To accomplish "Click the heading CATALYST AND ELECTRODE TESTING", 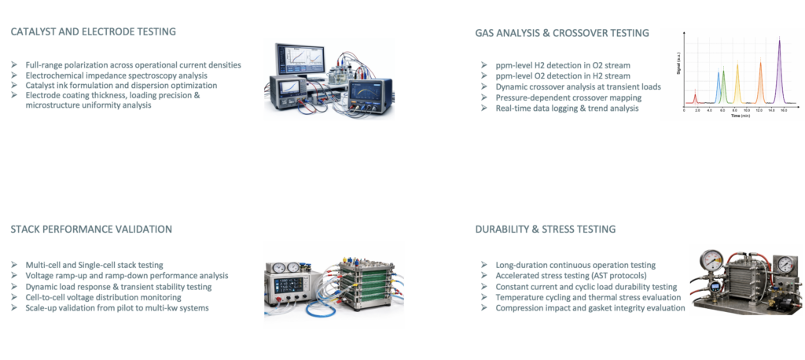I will [x=93, y=32].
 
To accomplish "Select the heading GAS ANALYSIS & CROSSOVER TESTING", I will [x=562, y=33].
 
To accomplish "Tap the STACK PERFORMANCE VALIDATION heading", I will [x=91, y=230].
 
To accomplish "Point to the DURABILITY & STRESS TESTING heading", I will [x=546, y=230].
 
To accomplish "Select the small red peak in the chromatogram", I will [x=695, y=98].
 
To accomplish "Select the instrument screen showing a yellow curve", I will [x=373, y=89].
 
